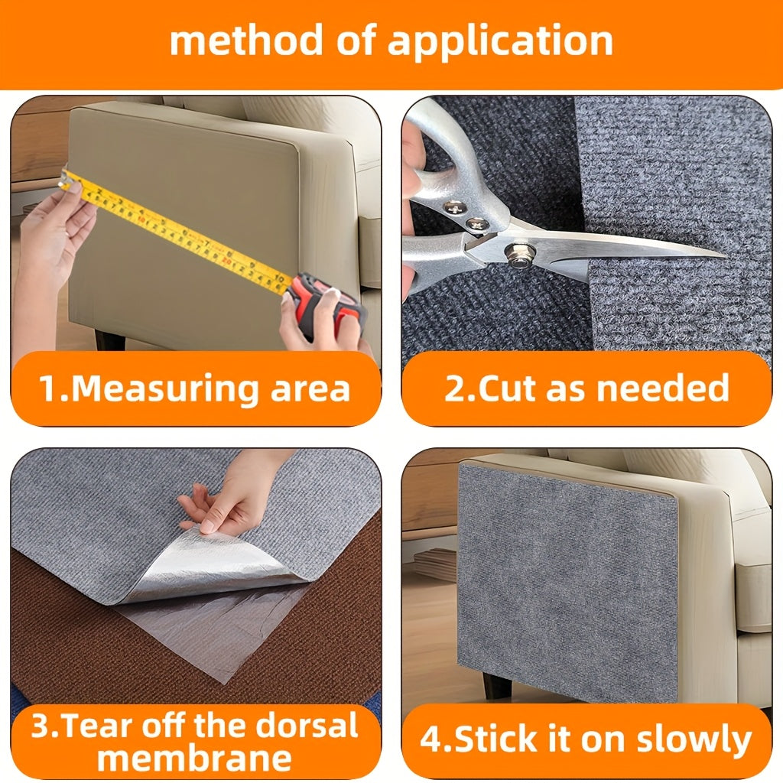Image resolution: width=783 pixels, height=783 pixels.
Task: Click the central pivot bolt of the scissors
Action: [x=520, y=255]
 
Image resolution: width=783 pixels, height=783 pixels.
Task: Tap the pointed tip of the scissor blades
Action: [x=722, y=255]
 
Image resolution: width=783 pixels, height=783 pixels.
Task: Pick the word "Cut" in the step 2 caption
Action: [x=509, y=388]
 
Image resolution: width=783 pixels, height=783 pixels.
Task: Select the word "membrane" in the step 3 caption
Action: [x=195, y=759]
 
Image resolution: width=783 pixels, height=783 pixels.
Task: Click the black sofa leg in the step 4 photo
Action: [x=496, y=685]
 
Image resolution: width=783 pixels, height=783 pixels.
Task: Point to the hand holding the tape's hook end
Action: [x=54, y=237]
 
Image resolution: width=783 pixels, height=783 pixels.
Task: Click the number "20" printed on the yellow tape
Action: [x=227, y=261]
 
